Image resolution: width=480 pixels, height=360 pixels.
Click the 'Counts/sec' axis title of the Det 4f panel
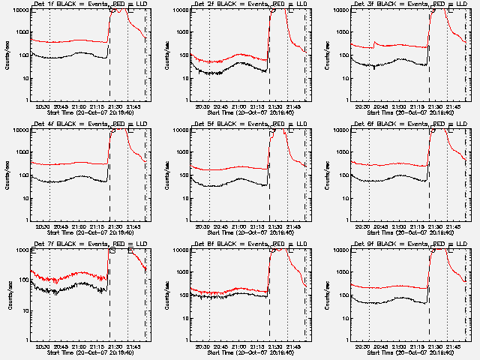[7, 173]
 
